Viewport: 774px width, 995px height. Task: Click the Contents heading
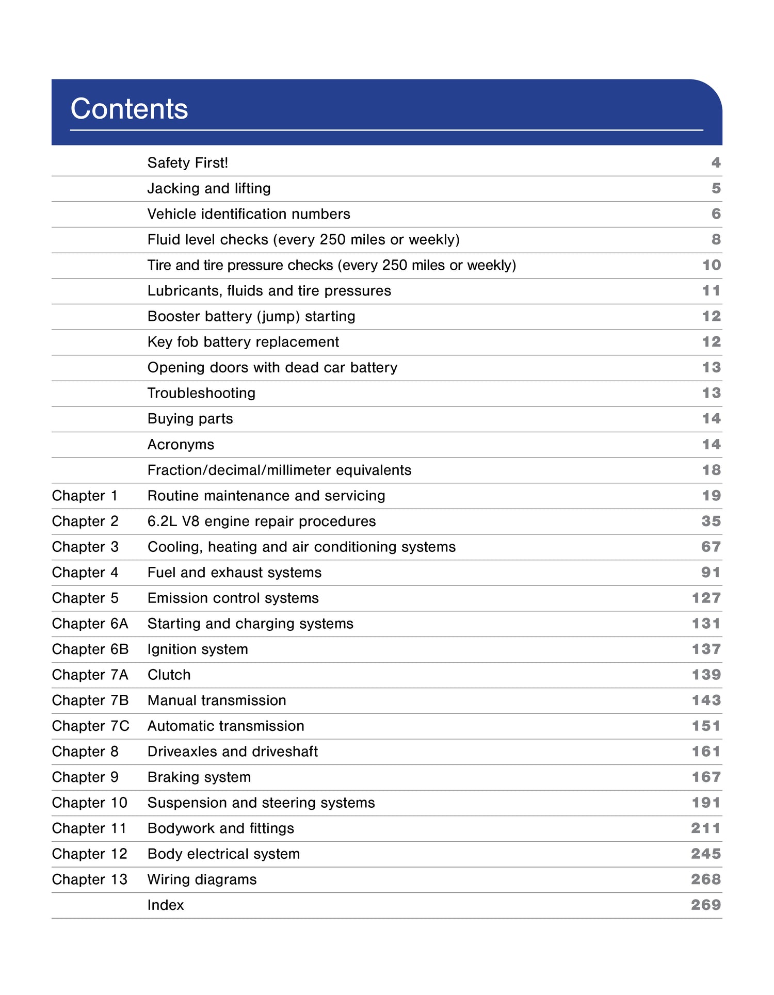pyautogui.click(x=129, y=109)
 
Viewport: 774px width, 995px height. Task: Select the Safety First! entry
pyautogui.click(x=187, y=163)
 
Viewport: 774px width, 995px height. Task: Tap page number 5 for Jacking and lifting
pyautogui.click(x=716, y=188)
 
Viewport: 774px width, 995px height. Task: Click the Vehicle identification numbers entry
pyautogui.click(x=248, y=214)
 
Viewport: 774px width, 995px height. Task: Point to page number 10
pyautogui.click(x=711, y=265)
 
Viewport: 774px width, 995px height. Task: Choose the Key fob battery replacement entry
pyautogui.click(x=243, y=342)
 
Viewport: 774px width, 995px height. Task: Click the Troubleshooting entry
pyautogui.click(x=201, y=393)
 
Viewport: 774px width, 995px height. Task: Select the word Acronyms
pyautogui.click(x=181, y=445)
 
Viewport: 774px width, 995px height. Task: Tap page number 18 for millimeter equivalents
pyautogui.click(x=711, y=470)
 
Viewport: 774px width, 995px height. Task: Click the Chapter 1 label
pyautogui.click(x=85, y=496)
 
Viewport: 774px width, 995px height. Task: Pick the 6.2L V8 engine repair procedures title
pyautogui.click(x=261, y=521)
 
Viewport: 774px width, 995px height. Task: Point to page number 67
pyautogui.click(x=711, y=547)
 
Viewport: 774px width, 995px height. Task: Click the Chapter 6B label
pyautogui.click(x=90, y=649)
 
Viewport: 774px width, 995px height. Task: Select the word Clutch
pyautogui.click(x=169, y=675)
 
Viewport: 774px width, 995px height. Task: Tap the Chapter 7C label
pyautogui.click(x=91, y=726)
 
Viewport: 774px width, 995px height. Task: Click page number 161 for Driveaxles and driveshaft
pyautogui.click(x=706, y=752)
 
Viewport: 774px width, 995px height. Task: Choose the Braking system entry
pyautogui.click(x=199, y=777)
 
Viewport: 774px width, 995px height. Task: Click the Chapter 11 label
pyautogui.click(x=89, y=828)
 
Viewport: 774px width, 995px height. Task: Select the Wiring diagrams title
pyautogui.click(x=202, y=879)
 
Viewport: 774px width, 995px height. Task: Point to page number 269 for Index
pyautogui.click(x=705, y=905)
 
